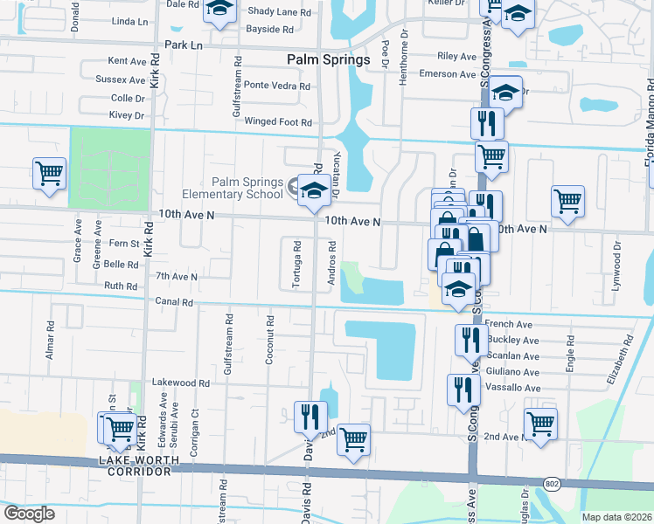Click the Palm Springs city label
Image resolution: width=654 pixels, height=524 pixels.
tap(329, 59)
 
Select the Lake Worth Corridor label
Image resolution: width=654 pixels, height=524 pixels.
tap(139, 465)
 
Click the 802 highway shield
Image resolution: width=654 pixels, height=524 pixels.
tap(553, 483)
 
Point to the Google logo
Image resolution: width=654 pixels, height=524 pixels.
tap(30, 514)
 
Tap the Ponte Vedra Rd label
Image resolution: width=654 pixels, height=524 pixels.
tap(277, 86)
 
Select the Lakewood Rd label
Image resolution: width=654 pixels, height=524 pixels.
tap(181, 383)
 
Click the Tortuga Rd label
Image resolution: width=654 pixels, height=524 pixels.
tap(297, 257)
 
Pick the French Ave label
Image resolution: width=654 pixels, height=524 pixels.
tap(508, 324)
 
